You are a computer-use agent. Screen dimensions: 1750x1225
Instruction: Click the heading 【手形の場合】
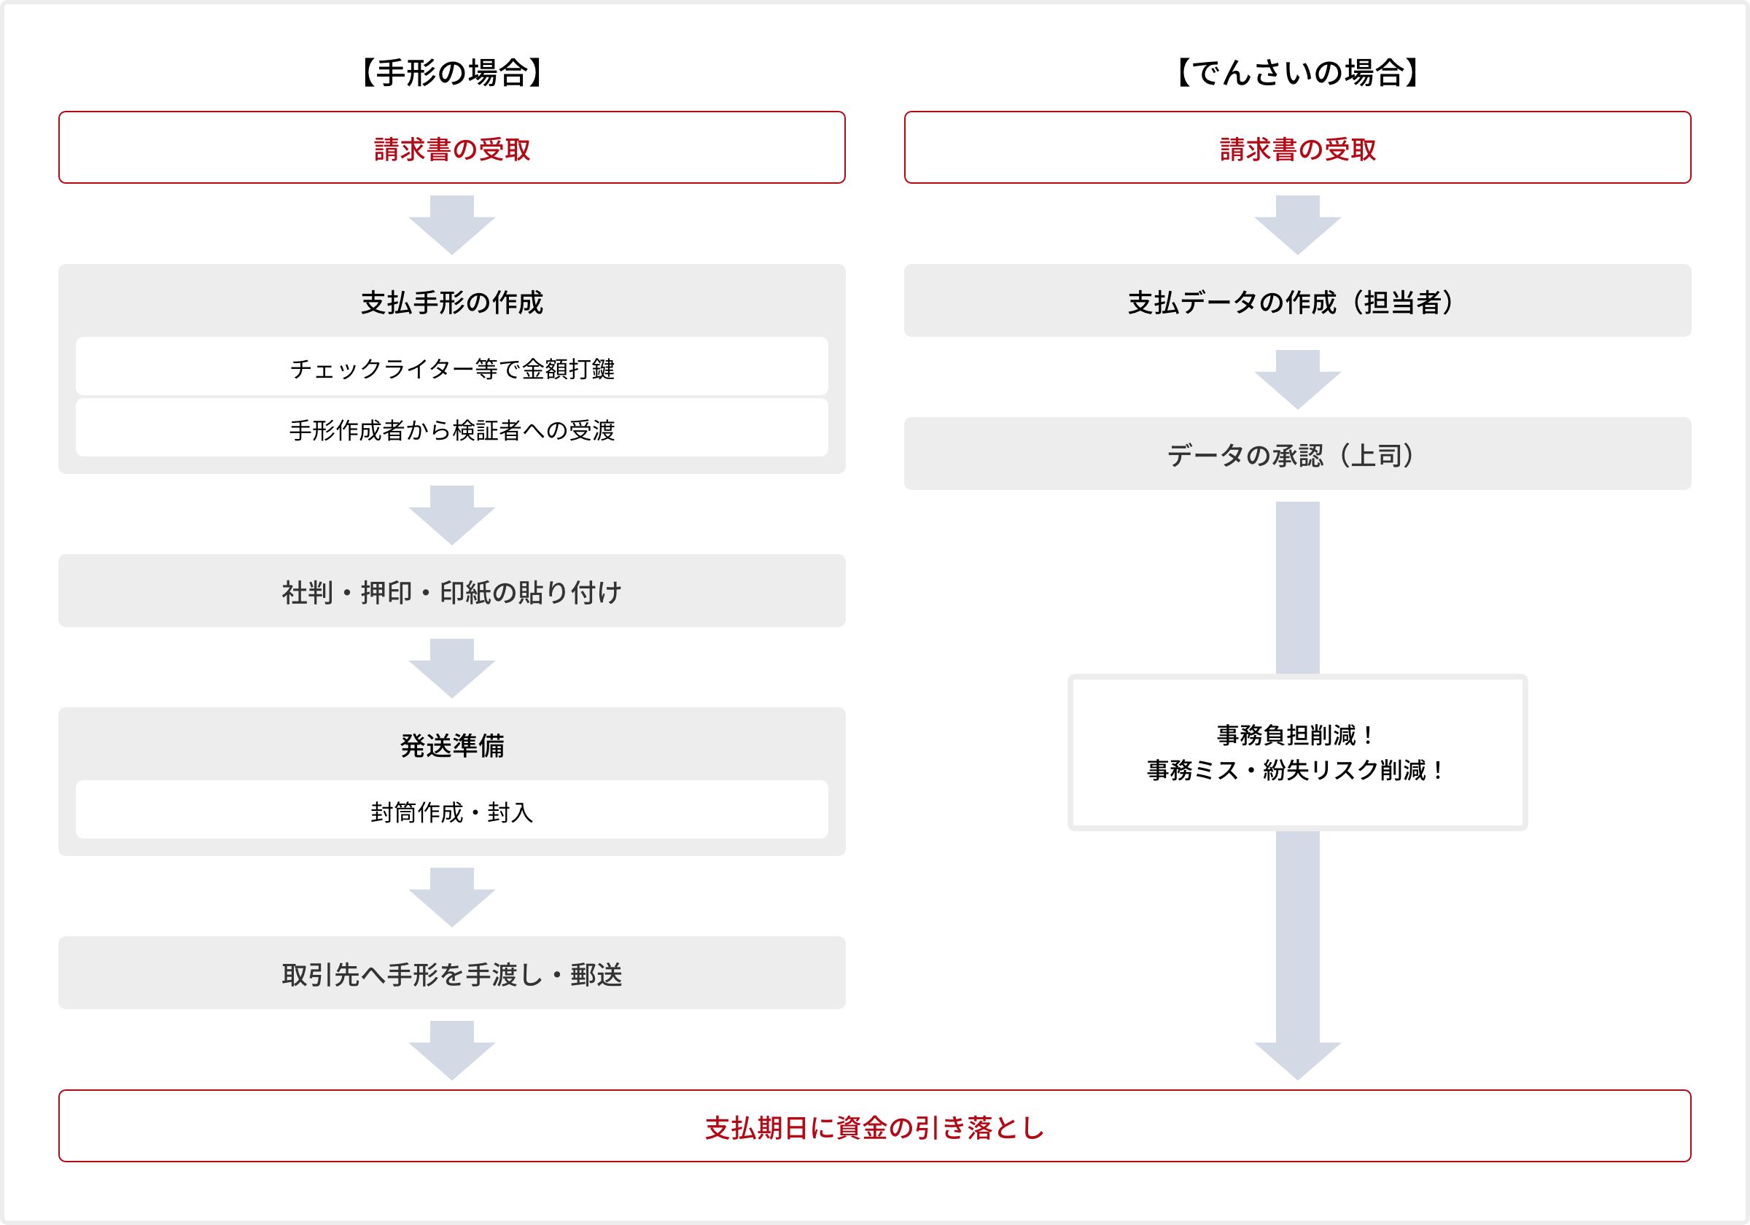[451, 73]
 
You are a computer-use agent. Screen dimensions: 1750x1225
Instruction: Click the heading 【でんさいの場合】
[1297, 73]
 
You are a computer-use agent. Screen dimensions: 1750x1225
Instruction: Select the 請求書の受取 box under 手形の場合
[452, 147]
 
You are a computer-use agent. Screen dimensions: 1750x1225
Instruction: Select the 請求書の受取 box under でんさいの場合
[1297, 147]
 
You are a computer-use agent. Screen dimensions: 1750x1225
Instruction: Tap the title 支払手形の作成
[452, 303]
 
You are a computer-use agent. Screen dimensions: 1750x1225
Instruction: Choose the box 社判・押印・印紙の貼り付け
[452, 591]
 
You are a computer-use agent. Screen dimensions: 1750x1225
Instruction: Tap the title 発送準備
[452, 744]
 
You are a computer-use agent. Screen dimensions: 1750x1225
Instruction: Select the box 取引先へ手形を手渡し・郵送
[452, 973]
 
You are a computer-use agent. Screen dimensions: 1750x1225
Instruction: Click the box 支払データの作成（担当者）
[1297, 300]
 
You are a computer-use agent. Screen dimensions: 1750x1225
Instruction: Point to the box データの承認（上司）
[1297, 454]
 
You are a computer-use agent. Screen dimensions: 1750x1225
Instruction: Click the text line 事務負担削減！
[1296, 735]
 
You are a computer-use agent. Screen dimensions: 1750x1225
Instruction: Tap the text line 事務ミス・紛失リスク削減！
[1296, 770]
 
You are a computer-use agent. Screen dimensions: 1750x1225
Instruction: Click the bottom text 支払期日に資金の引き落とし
[874, 1127]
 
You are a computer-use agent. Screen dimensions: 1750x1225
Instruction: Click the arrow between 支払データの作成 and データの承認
[1297, 380]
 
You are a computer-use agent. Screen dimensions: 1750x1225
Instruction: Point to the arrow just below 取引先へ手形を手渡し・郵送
[452, 1051]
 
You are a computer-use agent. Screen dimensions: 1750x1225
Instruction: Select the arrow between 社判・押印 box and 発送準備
[452, 669]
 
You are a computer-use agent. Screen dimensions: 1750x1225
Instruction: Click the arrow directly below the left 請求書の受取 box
[452, 225]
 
